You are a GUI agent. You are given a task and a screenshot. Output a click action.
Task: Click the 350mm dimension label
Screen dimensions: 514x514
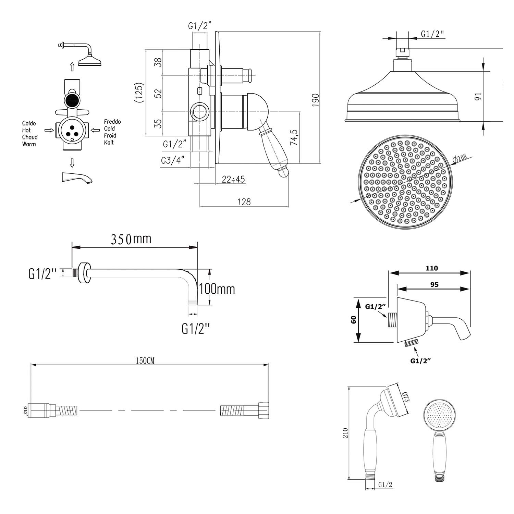pos(131,239)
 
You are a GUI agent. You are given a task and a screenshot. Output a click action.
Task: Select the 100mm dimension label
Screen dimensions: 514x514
pos(217,289)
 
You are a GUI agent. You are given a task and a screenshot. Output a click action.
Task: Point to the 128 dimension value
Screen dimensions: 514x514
pos(244,202)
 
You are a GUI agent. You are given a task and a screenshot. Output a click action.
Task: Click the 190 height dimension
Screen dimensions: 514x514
pos(316,100)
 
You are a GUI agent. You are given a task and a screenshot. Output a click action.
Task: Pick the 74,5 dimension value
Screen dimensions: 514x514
pos(295,137)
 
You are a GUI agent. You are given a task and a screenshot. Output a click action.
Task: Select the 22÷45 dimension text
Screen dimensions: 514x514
pos(233,179)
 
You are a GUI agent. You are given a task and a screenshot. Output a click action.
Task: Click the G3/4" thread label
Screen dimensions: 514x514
pos(173,160)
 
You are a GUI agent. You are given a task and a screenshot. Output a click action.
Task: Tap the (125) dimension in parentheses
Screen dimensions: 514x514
pos(138,93)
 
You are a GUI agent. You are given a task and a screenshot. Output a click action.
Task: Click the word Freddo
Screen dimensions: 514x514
pos(112,122)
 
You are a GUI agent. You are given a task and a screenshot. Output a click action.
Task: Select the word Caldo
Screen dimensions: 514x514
pos(29,123)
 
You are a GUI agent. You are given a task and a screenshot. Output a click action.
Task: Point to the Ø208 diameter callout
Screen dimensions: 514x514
pos(460,159)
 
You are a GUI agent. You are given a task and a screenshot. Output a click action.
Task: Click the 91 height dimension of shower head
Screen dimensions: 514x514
pos(479,96)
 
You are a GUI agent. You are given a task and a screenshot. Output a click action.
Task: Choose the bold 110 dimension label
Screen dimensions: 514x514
pos(432,268)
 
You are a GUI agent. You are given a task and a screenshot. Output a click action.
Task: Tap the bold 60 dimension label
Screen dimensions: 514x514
pos(354,319)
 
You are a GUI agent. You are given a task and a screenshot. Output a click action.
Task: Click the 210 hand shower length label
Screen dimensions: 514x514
pos(345,433)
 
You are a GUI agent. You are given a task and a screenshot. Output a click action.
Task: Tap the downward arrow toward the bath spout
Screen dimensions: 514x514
pos(72,163)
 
